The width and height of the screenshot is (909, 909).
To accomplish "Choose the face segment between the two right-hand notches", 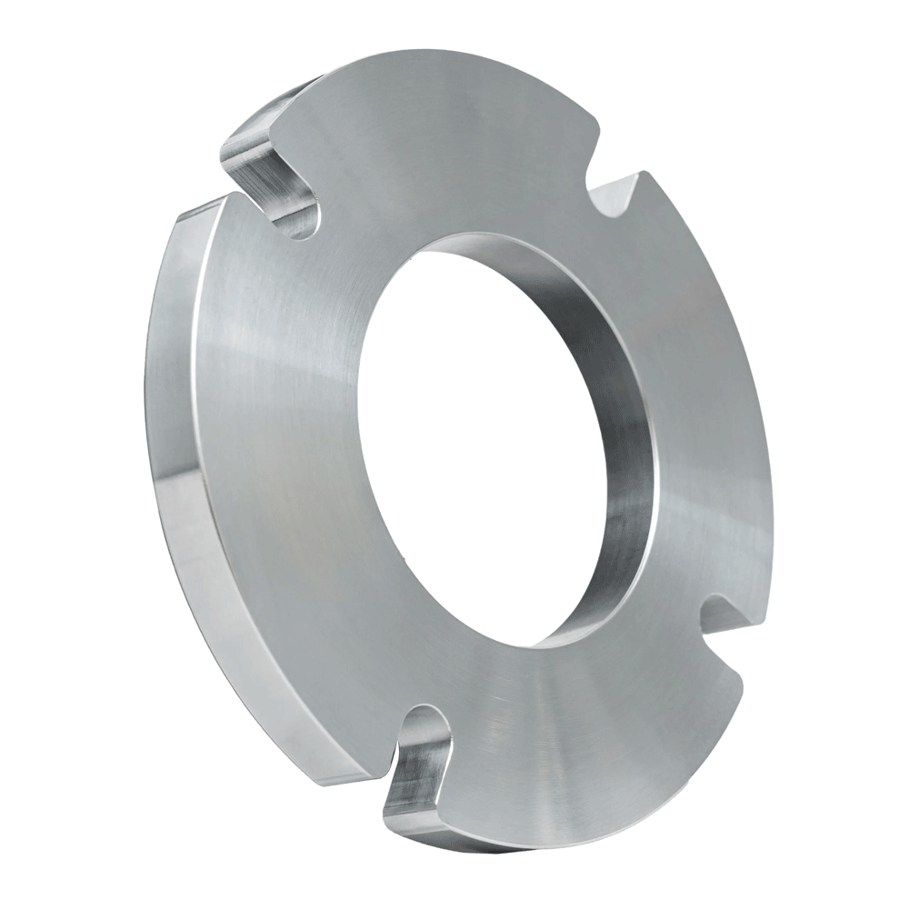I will [709, 400].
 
